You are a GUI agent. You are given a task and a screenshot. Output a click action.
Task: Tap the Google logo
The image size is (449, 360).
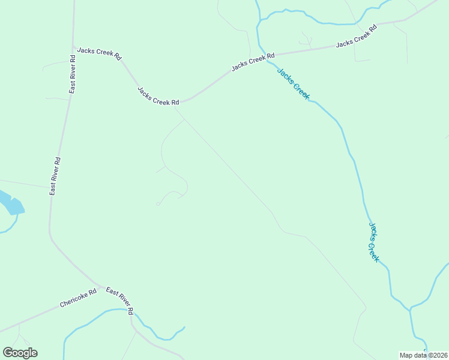[x=20, y=353]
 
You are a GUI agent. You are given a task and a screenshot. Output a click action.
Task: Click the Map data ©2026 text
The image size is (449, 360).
[x=423, y=355]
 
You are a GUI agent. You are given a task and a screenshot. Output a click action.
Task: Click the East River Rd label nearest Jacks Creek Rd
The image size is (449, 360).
[x=72, y=74]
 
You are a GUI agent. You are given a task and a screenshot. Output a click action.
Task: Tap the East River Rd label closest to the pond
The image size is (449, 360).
[x=55, y=176]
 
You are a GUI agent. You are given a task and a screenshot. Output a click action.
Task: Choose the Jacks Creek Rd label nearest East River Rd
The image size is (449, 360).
[x=99, y=53]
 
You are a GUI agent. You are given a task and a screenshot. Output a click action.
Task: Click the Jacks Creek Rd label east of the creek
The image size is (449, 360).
[x=356, y=36]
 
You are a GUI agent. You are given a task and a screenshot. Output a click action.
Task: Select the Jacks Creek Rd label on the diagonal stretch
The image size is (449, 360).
[x=158, y=96]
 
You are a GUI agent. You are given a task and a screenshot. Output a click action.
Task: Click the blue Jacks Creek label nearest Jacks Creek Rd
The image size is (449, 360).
[x=293, y=84]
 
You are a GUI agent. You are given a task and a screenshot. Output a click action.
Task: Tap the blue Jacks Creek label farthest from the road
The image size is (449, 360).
[x=373, y=242]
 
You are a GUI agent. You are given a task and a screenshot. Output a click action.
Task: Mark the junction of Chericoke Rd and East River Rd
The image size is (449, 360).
[x=98, y=284]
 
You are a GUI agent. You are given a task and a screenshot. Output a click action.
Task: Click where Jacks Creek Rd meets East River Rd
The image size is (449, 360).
[x=73, y=46]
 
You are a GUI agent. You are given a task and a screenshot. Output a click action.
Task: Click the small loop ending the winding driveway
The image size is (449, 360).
[x=158, y=204]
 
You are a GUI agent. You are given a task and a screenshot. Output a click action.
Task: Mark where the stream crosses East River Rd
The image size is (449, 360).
[x=132, y=313]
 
